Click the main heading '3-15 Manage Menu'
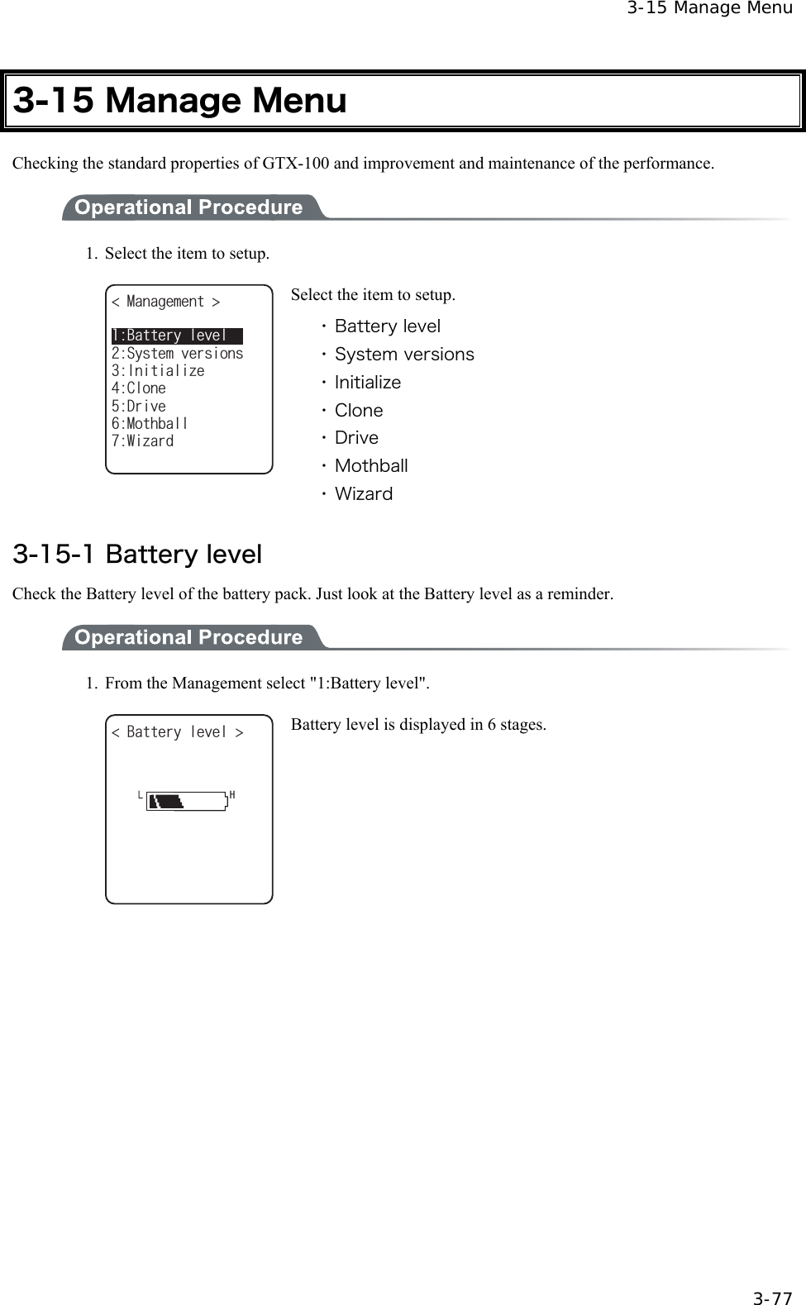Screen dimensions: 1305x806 (180, 101)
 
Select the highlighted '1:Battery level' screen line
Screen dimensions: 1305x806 (176, 336)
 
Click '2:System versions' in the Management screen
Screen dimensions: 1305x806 (177, 354)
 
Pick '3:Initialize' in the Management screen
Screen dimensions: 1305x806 (157, 371)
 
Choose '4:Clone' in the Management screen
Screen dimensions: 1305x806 (138, 388)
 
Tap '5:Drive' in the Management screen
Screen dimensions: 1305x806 (138, 406)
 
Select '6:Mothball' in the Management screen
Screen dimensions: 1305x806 (150, 423)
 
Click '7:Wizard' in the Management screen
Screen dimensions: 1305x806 (142, 441)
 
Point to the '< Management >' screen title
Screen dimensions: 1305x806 (165, 302)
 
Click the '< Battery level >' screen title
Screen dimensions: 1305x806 (177, 732)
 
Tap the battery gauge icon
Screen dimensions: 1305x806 (187, 801)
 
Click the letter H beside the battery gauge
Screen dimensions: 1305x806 (232, 795)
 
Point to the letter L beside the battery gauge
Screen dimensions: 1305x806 (141, 795)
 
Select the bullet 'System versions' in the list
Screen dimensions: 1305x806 (403, 355)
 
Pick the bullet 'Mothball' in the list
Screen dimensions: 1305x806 (370, 466)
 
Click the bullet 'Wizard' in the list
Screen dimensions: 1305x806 (363, 494)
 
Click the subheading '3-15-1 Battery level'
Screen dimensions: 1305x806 (137, 554)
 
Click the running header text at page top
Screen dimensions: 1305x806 (708, 9)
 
